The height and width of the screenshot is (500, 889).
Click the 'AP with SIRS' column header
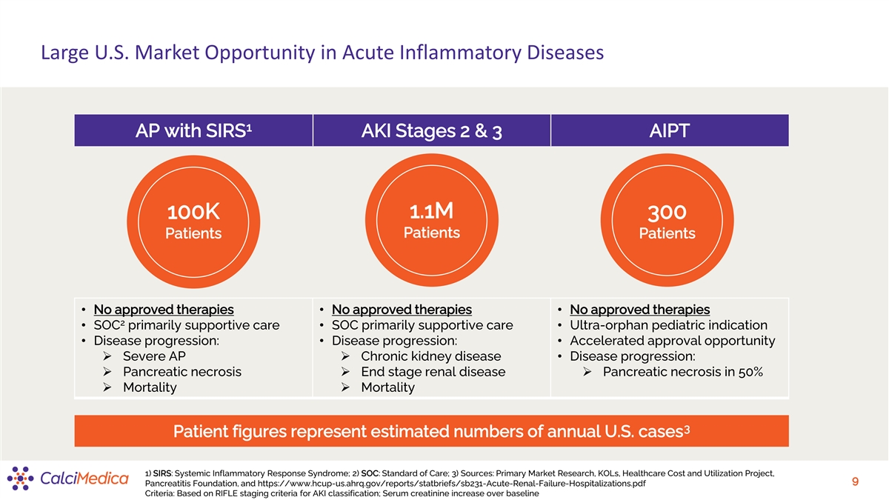pyautogui.click(x=193, y=130)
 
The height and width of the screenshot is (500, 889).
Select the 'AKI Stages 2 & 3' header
pyautogui.click(x=431, y=130)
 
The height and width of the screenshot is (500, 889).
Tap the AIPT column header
pyautogui.click(x=670, y=130)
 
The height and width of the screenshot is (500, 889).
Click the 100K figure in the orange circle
pyautogui.click(x=193, y=212)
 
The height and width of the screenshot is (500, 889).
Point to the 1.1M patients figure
pyautogui.click(x=431, y=210)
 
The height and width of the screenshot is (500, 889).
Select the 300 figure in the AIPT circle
pyautogui.click(x=667, y=213)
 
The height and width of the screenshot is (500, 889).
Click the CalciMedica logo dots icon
pyautogui.click(x=20, y=479)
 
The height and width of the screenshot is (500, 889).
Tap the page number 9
pyautogui.click(x=855, y=481)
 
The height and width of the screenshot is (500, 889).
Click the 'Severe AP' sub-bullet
pyautogui.click(x=154, y=356)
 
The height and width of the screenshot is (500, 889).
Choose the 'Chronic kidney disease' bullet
pyautogui.click(x=431, y=356)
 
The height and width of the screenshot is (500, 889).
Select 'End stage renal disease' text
pyautogui.click(x=433, y=371)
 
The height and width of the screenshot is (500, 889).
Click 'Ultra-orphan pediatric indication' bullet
pyautogui.click(x=669, y=325)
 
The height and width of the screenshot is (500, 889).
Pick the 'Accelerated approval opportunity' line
pyautogui.click(x=673, y=341)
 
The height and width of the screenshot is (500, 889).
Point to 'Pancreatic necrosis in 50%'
pyautogui.click(x=682, y=372)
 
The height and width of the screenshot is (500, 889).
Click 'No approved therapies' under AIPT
pyautogui.click(x=640, y=310)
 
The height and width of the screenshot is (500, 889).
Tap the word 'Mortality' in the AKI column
pyautogui.click(x=387, y=387)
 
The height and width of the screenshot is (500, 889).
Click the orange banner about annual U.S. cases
pyautogui.click(x=431, y=431)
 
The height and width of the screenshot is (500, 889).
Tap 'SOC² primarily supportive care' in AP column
pyautogui.click(x=187, y=325)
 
